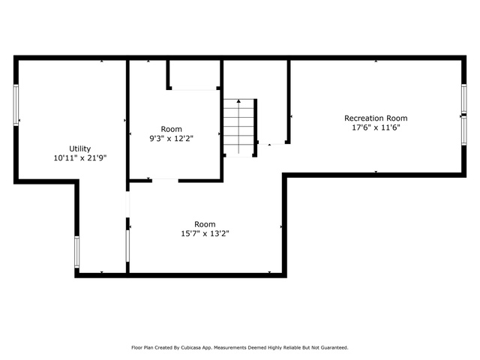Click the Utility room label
[x=80, y=148]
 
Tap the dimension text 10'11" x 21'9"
[x=80, y=158]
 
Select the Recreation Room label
[x=376, y=118]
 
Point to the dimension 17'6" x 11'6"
[x=376, y=127]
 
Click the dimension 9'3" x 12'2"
[x=172, y=138]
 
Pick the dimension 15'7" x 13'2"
[x=205, y=233]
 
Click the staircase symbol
[x=238, y=127]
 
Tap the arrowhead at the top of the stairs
[x=238, y=101]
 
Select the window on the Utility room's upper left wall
[x=16, y=105]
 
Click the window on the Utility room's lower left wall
[x=76, y=252]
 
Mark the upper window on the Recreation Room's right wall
[x=464, y=98]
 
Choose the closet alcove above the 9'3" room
[x=194, y=74]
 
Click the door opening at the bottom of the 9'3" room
[x=165, y=181]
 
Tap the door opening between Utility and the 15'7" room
[x=127, y=205]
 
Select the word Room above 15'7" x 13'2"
[x=205, y=224]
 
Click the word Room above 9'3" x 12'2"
[x=172, y=129]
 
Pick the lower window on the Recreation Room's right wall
[x=464, y=131]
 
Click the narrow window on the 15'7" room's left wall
[x=127, y=246]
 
